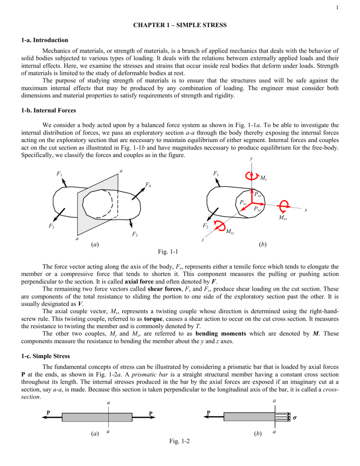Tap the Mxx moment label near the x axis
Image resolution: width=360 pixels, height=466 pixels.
283,218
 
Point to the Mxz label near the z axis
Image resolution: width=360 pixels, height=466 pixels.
231,231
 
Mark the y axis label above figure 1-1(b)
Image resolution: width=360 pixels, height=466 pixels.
252,159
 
